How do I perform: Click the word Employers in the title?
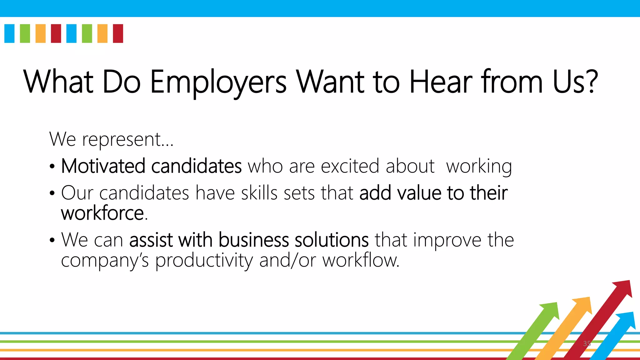pos(218,82)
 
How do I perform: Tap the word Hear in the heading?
pos(441,82)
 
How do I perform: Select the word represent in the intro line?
pos(122,139)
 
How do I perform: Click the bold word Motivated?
pos(103,166)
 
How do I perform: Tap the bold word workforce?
pos(102,213)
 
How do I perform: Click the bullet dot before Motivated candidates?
pos(52,167)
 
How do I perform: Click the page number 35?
pos(587,344)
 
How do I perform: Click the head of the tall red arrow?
pos(623,288)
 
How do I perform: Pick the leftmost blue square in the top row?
pos(9,33)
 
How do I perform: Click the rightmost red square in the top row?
pos(118,33)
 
